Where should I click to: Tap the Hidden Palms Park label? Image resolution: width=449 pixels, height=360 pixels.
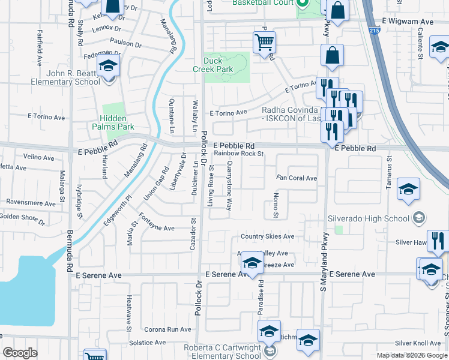coord(113,123)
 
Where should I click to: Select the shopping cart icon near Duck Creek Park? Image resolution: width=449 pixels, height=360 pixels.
coord(264,43)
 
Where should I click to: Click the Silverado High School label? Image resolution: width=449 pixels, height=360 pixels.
coord(367,218)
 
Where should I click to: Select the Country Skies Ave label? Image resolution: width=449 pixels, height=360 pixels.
coord(268,236)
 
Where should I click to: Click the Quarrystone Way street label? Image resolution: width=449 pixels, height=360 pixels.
coord(229,188)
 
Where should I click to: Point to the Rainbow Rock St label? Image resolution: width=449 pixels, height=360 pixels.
coord(239,154)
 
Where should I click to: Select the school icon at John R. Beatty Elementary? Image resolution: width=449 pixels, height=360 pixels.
coord(109,65)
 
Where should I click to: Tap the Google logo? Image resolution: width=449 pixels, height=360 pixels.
coord(20,353)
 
